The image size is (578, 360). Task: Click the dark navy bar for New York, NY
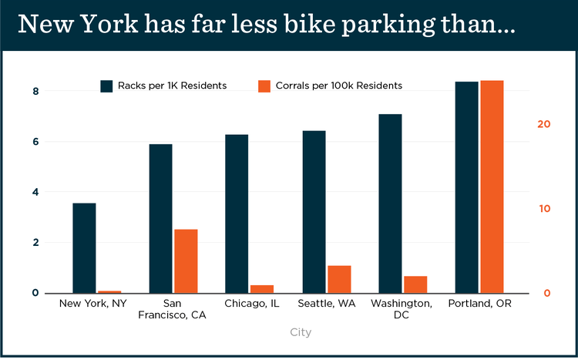pyautogui.click(x=84, y=247)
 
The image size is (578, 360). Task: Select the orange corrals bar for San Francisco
pyautogui.click(x=186, y=261)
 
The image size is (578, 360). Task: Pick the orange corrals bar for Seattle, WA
pyautogui.click(x=339, y=279)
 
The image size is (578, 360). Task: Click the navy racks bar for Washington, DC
pyautogui.click(x=390, y=204)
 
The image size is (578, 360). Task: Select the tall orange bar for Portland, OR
pyautogui.click(x=492, y=187)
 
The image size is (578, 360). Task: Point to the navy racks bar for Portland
pyautogui.click(x=466, y=187)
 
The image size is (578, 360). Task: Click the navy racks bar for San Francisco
pyautogui.click(x=160, y=218)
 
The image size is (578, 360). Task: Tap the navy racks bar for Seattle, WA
pyautogui.click(x=314, y=212)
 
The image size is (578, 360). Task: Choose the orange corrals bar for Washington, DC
pyautogui.click(x=415, y=284)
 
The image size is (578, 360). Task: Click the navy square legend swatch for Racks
pyautogui.click(x=107, y=86)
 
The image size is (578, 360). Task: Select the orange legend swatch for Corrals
pyautogui.click(x=263, y=86)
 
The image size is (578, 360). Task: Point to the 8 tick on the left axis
pyautogui.click(x=35, y=92)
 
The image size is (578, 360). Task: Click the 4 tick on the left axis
pyautogui.click(x=35, y=192)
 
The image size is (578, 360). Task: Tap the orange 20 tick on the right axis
pyautogui.click(x=543, y=124)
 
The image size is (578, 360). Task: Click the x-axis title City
pyautogui.click(x=301, y=332)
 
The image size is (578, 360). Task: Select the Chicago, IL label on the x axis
pyautogui.click(x=251, y=304)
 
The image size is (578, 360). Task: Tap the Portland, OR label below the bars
pyautogui.click(x=479, y=304)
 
